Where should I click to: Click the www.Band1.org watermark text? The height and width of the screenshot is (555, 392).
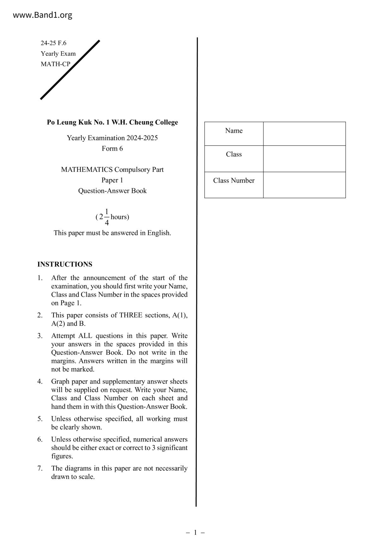pyautogui.click(x=42, y=15)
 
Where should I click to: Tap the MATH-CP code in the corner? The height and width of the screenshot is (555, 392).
pyautogui.click(x=55, y=64)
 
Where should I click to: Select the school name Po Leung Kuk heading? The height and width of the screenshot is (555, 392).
pyautogui.click(x=112, y=122)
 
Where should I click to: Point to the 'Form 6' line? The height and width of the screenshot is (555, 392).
pyautogui.click(x=112, y=148)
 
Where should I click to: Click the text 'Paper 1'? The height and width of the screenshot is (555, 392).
pyautogui.click(x=112, y=180)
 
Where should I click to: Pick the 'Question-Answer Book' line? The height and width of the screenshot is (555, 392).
pyautogui.click(x=112, y=191)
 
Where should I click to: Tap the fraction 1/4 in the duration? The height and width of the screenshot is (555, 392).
pyautogui.click(x=107, y=217)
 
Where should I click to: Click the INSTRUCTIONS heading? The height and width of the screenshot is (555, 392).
pyautogui.click(x=65, y=264)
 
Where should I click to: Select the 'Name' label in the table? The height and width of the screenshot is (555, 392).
pyautogui.click(x=234, y=131)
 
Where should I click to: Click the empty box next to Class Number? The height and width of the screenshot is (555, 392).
pyautogui.click(x=304, y=185)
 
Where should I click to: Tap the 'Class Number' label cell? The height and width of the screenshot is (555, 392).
pyautogui.click(x=234, y=181)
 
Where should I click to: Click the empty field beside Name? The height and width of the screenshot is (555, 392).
pyautogui.click(x=304, y=134)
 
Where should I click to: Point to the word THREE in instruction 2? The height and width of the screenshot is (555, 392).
pyautogui.click(x=131, y=315)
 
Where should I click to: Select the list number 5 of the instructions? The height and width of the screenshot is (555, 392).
pyautogui.click(x=40, y=419)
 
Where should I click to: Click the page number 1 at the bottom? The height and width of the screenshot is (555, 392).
pyautogui.click(x=195, y=533)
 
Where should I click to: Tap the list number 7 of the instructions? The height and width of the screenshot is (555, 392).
pyautogui.click(x=40, y=468)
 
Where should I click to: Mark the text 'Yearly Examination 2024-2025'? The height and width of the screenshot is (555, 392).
pyautogui.click(x=112, y=138)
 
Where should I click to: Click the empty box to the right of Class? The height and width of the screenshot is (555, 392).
pyautogui.click(x=304, y=159)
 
